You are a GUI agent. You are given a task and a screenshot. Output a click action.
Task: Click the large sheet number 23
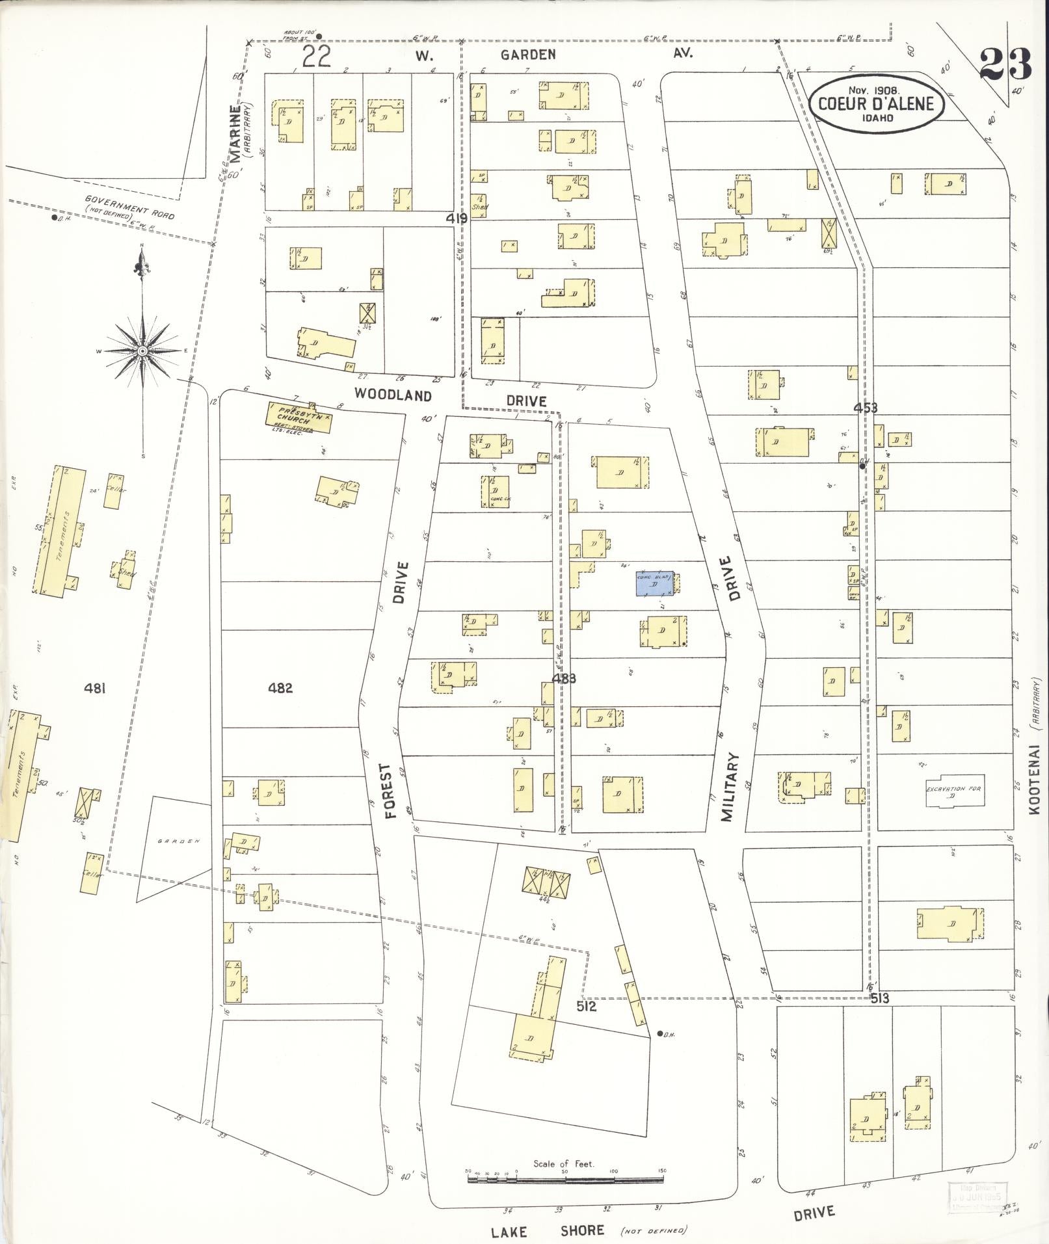point(1005,65)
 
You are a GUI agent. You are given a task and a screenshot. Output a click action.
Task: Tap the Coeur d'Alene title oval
point(875,103)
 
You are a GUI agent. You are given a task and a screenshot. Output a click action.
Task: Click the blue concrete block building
point(655,583)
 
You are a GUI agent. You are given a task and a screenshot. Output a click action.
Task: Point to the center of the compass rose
point(142,351)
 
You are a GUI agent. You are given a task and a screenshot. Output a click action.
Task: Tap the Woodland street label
point(393,395)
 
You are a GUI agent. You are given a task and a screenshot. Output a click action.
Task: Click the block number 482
point(280,687)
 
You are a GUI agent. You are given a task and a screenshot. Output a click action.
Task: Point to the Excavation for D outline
point(954,791)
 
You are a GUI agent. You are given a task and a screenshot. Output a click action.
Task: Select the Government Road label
point(129,207)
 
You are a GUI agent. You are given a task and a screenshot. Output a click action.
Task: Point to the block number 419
point(457,219)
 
